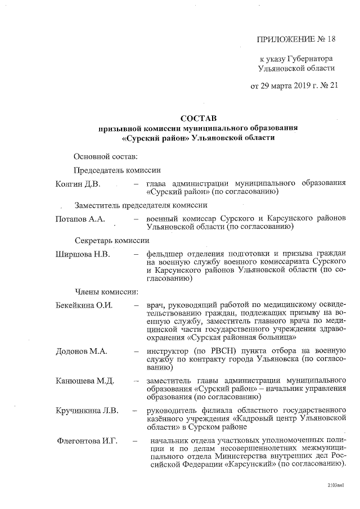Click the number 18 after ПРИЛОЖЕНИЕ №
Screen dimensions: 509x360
(x=327, y=39)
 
